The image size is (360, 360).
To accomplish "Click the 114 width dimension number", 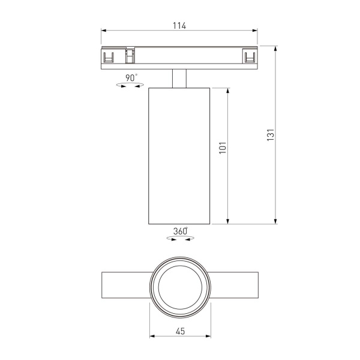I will [x=179, y=25].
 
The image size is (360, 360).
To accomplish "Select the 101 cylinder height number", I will [x=222, y=148].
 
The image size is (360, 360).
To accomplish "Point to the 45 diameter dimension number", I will [x=179, y=331].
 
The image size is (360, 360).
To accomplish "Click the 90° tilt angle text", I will [x=131, y=77].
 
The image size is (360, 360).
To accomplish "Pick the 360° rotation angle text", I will [x=180, y=231].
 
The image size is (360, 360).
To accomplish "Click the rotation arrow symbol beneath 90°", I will [x=131, y=86].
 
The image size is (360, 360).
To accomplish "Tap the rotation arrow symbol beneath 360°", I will [x=180, y=239].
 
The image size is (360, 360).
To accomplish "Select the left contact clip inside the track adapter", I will [x=109, y=57].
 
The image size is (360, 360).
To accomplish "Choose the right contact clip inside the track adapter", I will [x=250, y=57].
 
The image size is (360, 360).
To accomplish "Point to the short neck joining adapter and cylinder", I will [x=179, y=79].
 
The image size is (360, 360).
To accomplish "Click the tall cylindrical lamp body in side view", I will [x=179, y=156].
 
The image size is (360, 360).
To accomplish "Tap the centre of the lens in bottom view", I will [x=179, y=289].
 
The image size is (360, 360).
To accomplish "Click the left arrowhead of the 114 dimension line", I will [x=104, y=31].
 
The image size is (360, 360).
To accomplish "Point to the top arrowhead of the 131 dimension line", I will [x=275, y=47].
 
